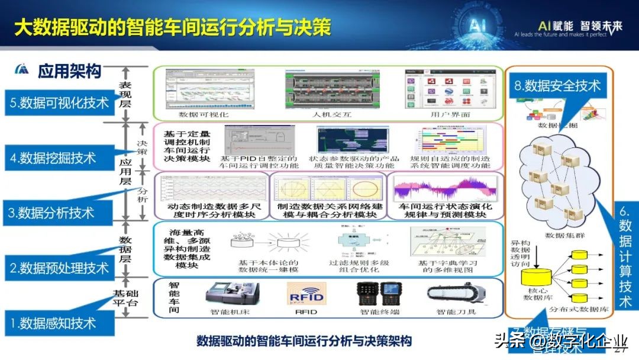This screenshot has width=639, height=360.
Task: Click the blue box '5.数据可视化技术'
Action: [x=59, y=103]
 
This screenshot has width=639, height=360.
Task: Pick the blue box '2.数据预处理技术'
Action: [x=59, y=268]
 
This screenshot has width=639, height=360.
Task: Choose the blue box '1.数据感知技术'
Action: [x=53, y=323]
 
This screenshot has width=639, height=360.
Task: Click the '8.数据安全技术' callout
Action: [x=557, y=86]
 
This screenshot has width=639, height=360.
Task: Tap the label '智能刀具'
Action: [x=456, y=312]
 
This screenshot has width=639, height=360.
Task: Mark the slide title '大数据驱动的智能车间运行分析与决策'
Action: [x=172, y=27]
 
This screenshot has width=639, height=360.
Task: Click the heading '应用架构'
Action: [x=69, y=72]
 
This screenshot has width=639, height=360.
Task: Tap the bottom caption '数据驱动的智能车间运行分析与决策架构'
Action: [x=304, y=341]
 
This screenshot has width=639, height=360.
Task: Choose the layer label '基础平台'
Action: [x=126, y=298]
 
